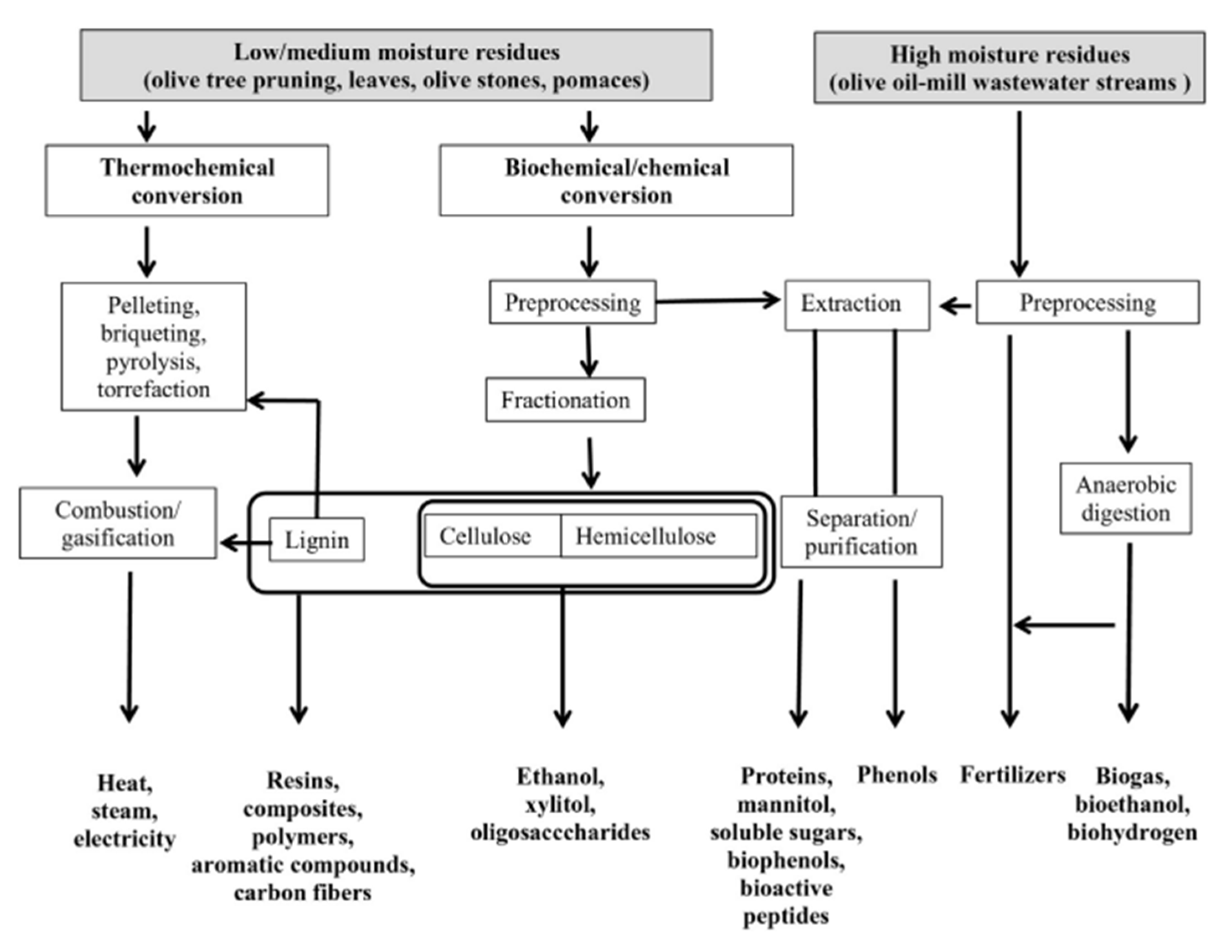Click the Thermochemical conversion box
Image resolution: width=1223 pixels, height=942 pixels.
tap(187, 181)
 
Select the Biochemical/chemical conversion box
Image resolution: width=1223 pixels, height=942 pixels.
tap(616, 181)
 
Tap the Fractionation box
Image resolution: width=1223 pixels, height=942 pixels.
tap(565, 400)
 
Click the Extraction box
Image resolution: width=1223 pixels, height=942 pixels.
tap(857, 304)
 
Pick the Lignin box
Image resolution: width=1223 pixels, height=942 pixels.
tap(317, 540)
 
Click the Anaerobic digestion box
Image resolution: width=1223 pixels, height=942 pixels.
tap(1125, 498)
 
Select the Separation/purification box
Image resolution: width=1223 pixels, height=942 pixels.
tap(861, 532)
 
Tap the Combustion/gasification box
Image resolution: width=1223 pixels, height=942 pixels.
tap(118, 523)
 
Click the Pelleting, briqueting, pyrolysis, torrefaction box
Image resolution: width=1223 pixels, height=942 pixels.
tap(153, 347)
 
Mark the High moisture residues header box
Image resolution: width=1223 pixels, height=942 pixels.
tap(1009, 68)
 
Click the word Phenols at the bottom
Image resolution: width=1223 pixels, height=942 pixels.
tap(897, 775)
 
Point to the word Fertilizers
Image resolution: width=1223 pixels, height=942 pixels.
tap(1012, 775)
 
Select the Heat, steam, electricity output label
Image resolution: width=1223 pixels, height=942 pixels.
tap(124, 810)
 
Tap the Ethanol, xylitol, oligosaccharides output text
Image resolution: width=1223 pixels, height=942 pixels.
tap(560, 804)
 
